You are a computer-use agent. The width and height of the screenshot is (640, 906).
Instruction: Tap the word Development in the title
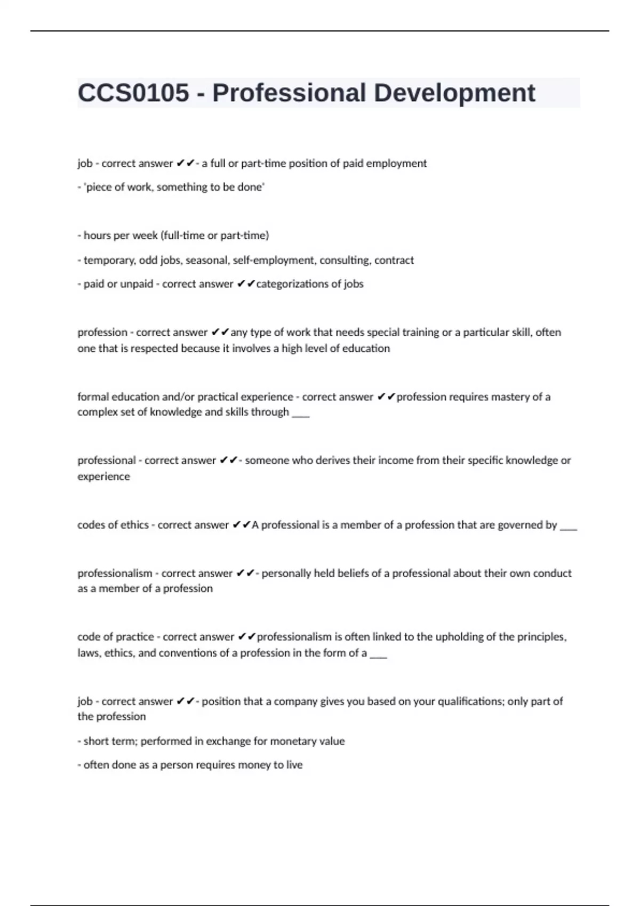pyautogui.click(x=454, y=93)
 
